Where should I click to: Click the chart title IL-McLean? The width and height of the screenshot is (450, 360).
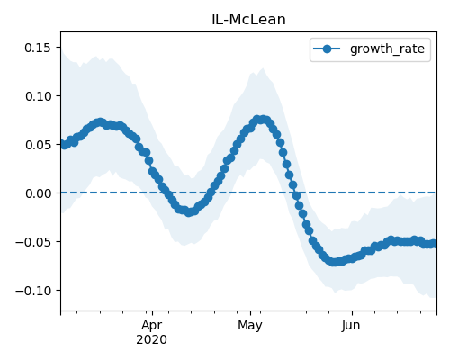248,20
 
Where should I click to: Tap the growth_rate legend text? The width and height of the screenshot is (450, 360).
387,49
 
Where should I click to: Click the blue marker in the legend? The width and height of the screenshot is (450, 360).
327,49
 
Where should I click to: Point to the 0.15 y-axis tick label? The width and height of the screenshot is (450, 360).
38,48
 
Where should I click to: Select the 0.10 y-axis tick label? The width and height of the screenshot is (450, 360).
38,96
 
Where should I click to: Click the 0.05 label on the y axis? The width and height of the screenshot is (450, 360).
38,145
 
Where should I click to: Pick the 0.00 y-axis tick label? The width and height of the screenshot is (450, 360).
38,193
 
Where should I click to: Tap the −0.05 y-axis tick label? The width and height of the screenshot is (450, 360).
33,242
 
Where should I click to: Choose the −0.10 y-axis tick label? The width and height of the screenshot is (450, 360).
33,291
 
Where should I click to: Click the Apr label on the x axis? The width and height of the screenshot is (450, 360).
152,326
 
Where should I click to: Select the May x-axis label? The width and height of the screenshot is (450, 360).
250,326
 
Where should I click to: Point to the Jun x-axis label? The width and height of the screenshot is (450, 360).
351,326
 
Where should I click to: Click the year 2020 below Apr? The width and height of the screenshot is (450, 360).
152,339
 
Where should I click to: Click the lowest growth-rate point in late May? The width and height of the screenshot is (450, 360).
334,262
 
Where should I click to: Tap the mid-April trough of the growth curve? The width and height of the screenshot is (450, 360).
188,212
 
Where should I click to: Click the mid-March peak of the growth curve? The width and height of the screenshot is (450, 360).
100,122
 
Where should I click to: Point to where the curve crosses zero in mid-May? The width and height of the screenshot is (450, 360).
295,193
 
